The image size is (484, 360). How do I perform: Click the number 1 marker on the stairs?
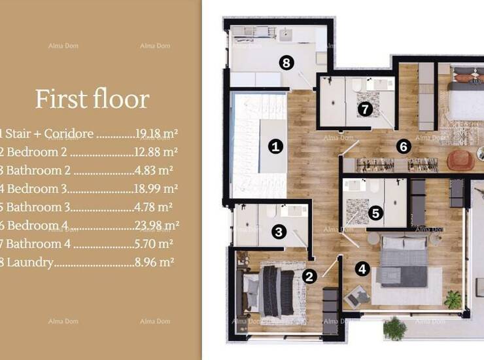point(275,146)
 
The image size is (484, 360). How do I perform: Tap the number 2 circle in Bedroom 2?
point(309,276)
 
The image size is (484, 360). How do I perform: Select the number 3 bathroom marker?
point(279,232)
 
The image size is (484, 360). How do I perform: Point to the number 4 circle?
point(362,269)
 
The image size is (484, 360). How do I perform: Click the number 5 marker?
point(375,213)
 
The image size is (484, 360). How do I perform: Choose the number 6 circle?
point(404,147)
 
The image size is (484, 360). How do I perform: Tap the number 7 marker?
point(365,109)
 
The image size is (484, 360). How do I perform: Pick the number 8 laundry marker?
point(286,63)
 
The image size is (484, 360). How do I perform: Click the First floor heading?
point(92,99)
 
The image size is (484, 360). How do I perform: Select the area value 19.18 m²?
point(156,134)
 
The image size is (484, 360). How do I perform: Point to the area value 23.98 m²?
point(156,225)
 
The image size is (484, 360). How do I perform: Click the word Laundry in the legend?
point(30,262)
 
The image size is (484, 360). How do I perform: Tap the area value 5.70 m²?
point(154,243)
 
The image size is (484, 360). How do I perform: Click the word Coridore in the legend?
point(69,134)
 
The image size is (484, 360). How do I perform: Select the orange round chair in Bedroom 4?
point(460,160)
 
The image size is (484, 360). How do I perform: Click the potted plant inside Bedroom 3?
point(453,299)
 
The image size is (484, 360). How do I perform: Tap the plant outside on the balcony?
point(395,329)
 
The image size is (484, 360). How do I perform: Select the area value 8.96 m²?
point(154,262)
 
